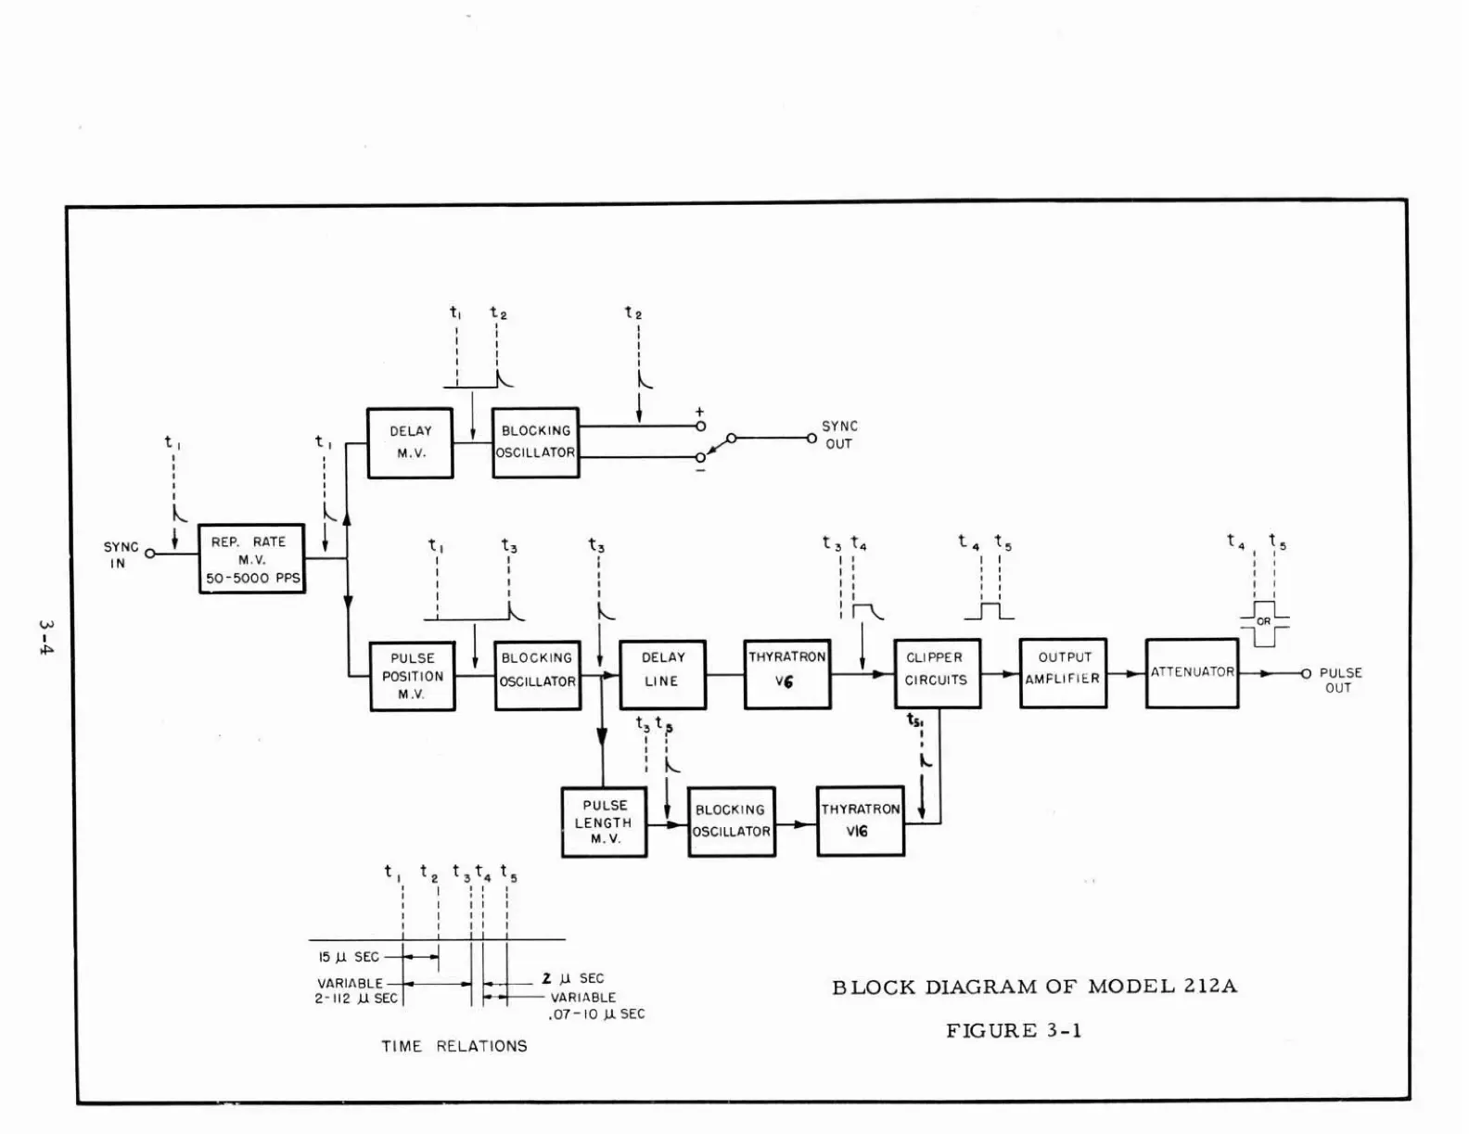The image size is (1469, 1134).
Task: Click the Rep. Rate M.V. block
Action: click(x=251, y=558)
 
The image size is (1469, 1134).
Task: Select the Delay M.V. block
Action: click(x=410, y=442)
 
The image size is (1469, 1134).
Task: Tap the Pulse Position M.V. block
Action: click(x=413, y=676)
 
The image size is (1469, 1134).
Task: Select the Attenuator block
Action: click(x=1192, y=672)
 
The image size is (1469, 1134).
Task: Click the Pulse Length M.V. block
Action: click(x=604, y=822)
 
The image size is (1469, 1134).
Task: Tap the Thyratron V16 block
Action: click(x=860, y=821)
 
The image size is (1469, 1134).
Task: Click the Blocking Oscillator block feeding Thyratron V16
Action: click(x=731, y=821)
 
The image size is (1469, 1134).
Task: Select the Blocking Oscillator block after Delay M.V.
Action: click(x=535, y=442)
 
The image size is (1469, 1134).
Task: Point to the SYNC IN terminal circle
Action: click(x=149, y=554)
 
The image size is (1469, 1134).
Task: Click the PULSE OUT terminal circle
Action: click(x=1305, y=674)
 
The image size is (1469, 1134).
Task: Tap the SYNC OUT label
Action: click(x=839, y=434)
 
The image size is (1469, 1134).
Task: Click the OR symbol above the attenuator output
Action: click(x=1264, y=622)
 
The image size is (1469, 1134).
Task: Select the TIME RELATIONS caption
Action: click(x=454, y=1046)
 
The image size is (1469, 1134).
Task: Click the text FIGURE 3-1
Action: click(x=1014, y=1030)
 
